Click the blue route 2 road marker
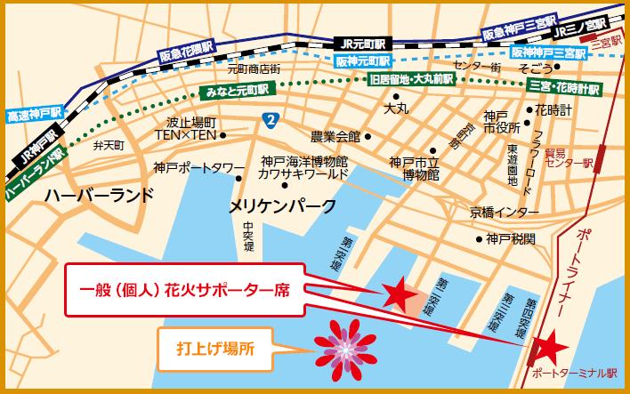pos(269,119)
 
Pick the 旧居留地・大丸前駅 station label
pos(412,79)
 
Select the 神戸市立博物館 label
pos(415,168)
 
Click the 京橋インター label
pos(505,212)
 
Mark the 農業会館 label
pos(334,137)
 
